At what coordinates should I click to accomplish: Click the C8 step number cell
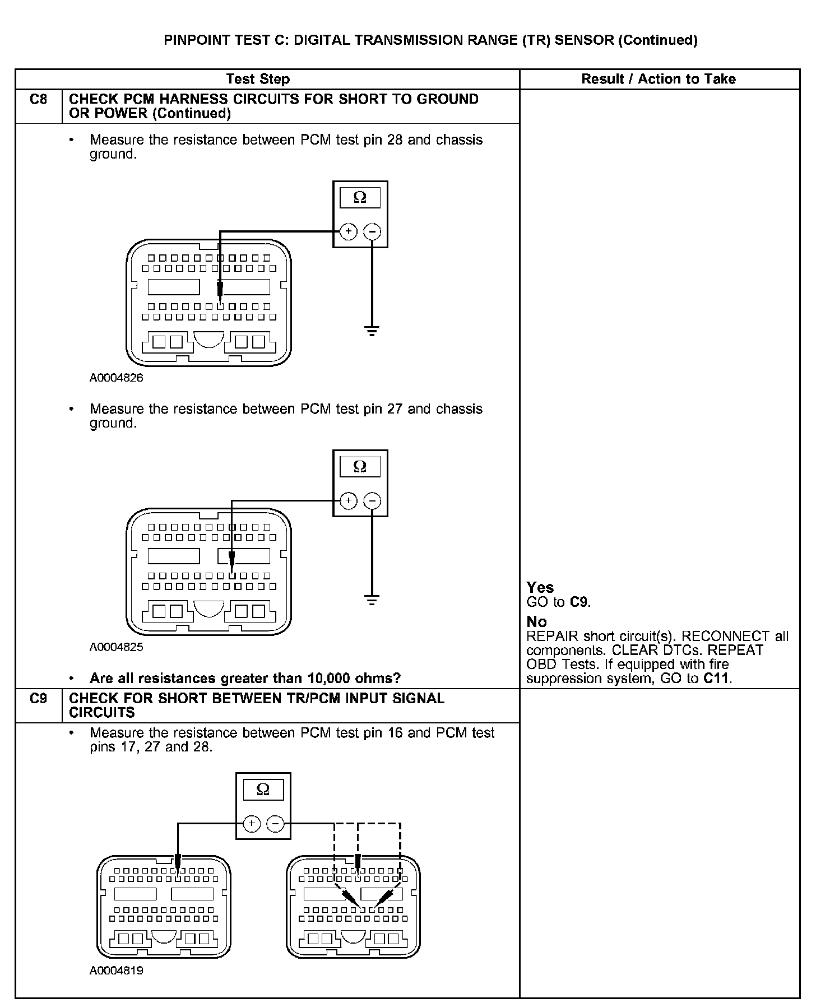click(x=38, y=100)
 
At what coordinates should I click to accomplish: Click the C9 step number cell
click(x=38, y=699)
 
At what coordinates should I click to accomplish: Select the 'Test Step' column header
click(x=258, y=79)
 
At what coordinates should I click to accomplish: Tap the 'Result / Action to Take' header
click(x=659, y=79)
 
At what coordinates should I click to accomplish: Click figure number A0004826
click(x=116, y=378)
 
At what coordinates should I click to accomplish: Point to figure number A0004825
click(x=116, y=647)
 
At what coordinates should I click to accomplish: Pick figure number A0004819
click(x=116, y=971)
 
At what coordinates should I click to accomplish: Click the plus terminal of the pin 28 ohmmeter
click(x=349, y=231)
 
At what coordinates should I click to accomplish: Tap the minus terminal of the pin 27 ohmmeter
click(x=372, y=500)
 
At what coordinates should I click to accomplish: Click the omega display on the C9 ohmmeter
click(x=263, y=790)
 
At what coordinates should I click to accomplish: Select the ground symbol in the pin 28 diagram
click(x=372, y=331)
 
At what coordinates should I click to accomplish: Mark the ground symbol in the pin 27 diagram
click(x=372, y=600)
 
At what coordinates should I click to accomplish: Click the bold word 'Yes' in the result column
click(x=540, y=588)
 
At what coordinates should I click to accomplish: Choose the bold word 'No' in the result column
click(x=536, y=622)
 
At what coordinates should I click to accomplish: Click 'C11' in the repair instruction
click(x=717, y=679)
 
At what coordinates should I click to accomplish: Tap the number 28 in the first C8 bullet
click(x=395, y=140)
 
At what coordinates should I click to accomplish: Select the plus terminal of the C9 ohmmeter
click(x=252, y=823)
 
